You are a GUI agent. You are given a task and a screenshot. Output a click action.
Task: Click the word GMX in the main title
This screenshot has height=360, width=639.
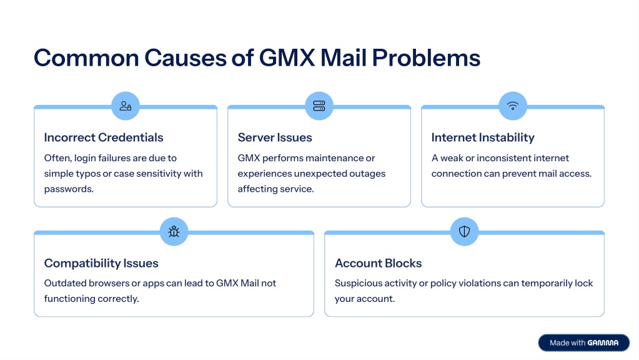coord(287,57)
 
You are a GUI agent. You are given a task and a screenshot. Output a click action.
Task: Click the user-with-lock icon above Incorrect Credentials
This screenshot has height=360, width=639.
coord(126,106)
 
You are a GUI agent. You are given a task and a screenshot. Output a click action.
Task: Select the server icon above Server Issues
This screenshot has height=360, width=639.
coord(319,106)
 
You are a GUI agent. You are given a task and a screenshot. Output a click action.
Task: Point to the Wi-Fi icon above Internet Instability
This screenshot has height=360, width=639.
coord(513,106)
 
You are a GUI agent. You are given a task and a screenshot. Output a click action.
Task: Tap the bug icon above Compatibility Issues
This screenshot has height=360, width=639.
coord(174,232)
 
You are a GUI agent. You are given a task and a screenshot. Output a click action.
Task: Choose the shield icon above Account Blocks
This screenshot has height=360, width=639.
coord(464,232)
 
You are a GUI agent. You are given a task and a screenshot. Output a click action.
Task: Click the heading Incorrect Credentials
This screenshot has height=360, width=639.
coord(104,137)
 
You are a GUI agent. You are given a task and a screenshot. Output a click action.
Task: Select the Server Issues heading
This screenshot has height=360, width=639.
coord(275,137)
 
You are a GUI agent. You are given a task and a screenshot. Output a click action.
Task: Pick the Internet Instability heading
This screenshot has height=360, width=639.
coord(483,137)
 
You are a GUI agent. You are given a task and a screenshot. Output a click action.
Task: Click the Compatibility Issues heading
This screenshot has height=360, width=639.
coord(101,263)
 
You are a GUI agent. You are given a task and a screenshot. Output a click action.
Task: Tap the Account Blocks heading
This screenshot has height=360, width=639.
coord(378,263)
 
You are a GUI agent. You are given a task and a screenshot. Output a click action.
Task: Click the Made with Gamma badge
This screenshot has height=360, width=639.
coord(583,342)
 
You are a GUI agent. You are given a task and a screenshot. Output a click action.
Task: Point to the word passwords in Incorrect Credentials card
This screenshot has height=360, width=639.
coord(69,189)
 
